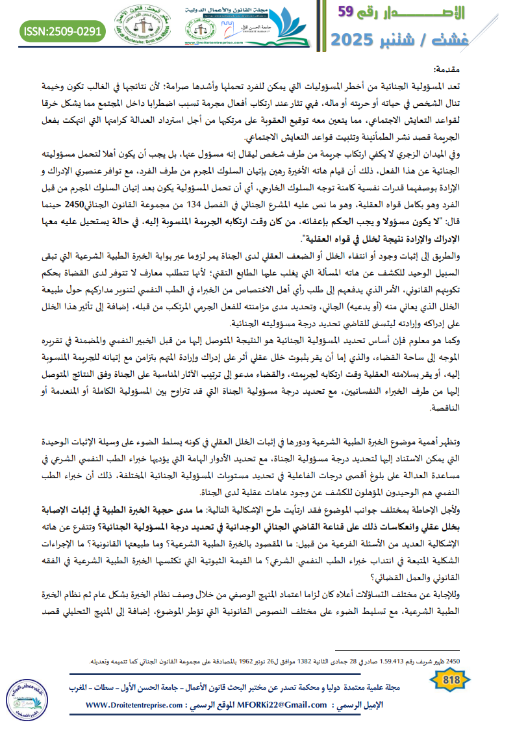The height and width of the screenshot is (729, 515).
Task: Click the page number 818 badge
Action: click(x=450, y=680)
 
